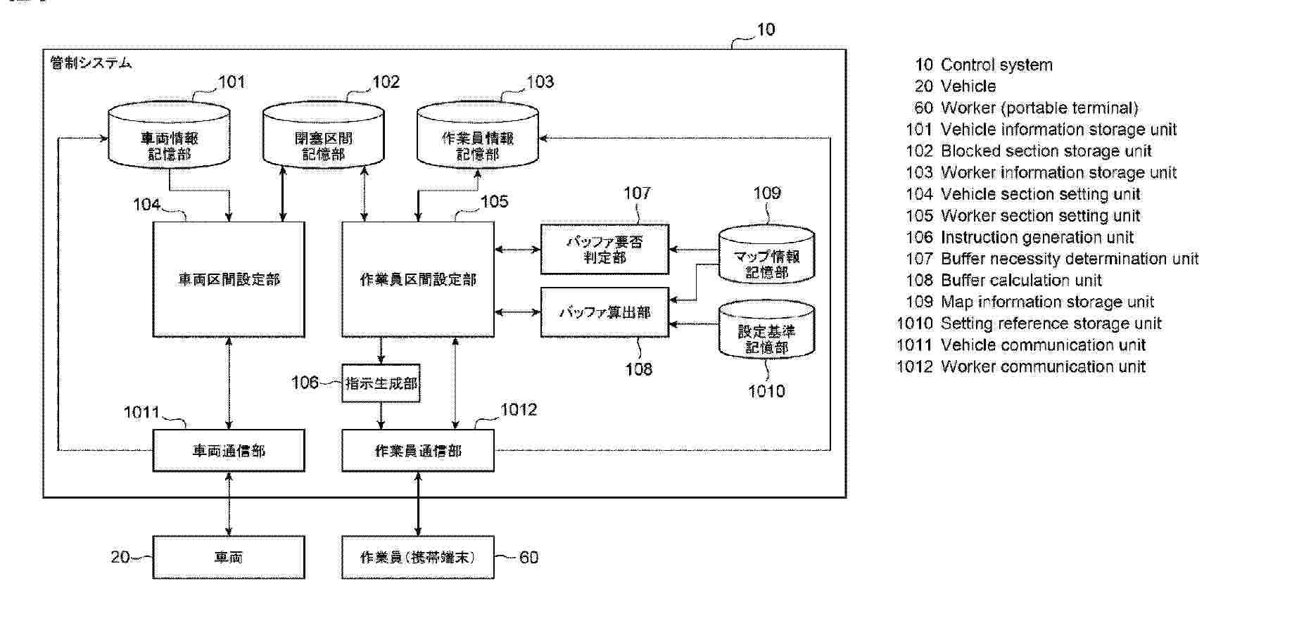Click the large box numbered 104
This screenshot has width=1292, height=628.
pos(229,279)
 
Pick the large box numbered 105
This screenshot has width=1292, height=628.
pos(418,279)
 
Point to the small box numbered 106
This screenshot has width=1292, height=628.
pos(381,383)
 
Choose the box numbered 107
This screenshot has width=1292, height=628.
pos(604,249)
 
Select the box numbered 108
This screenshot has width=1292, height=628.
pos(604,312)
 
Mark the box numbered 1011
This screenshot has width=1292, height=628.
pos(229,451)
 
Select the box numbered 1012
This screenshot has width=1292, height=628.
pos(418,451)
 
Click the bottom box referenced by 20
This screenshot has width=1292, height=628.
pos(229,557)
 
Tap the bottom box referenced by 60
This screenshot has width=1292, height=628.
pos(418,557)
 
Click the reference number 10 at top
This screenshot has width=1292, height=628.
pos(766,30)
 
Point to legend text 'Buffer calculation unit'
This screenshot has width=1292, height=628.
pos(1021,281)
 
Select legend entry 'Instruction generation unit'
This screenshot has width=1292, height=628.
pos(1037,238)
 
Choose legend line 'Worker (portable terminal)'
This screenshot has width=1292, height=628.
pos(1039,108)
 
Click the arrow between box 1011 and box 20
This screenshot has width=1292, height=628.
pos(229,504)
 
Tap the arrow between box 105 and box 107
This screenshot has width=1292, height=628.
pos(517,249)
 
